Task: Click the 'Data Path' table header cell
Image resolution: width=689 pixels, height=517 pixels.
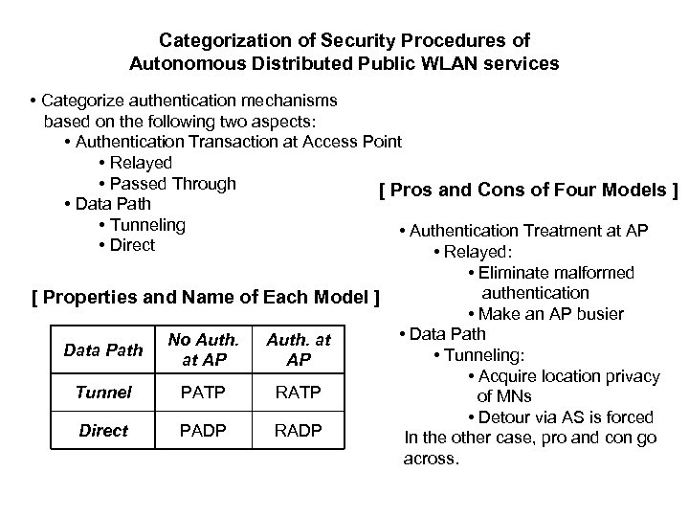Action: point(102,350)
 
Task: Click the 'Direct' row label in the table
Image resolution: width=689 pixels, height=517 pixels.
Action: point(102,430)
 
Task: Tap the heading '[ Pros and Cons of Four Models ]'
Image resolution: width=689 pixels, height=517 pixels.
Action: point(528,190)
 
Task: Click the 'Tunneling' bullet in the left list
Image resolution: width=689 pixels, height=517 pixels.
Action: point(146,224)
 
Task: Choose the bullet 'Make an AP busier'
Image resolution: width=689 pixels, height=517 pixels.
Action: point(545,313)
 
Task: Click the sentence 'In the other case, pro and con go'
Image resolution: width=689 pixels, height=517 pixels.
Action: point(531,438)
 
